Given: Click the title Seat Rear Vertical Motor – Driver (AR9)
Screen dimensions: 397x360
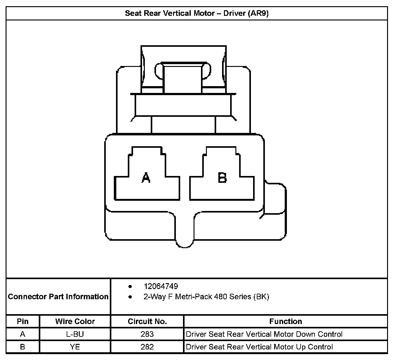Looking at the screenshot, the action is (197, 14).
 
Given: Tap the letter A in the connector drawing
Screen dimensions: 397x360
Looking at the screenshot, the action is (146, 178).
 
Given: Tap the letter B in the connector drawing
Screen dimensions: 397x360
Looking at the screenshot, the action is (222, 178).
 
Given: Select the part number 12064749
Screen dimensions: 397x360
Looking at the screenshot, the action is (161, 286).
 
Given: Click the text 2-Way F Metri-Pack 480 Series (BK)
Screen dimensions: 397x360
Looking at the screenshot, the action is (206, 297).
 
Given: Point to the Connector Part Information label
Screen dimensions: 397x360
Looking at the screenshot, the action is (58, 297).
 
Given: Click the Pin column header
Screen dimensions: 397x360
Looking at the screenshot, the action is (23, 321).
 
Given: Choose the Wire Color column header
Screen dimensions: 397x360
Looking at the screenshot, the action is (75, 321).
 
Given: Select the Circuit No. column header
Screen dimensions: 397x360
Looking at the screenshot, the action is (147, 321).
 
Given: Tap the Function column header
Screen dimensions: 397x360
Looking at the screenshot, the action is (285, 321).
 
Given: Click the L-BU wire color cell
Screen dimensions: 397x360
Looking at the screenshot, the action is (75, 334).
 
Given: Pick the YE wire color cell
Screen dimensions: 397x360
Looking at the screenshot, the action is (75, 347).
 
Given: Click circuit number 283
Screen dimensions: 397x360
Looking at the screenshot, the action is (147, 334).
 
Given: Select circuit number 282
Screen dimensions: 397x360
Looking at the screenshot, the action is (147, 347).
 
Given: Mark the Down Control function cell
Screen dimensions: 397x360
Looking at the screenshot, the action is (264, 334).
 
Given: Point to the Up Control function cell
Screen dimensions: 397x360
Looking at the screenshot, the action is (259, 347).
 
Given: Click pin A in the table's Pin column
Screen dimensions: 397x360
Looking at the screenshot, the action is (23, 334).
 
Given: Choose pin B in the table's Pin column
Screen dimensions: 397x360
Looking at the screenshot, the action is (23, 347).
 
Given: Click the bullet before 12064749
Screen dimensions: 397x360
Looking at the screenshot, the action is (130, 287).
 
